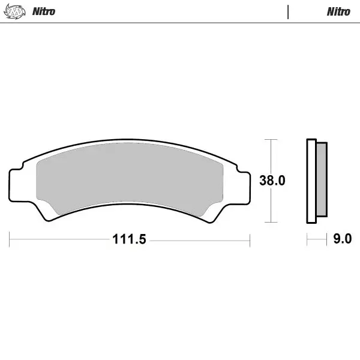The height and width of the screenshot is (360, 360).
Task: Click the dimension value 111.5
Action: (129, 239)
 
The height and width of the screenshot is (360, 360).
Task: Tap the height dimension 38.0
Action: (271, 181)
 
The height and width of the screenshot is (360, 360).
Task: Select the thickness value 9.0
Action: (342, 239)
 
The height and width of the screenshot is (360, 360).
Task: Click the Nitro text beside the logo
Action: (43, 11)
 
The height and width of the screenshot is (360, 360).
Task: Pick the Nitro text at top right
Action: (338, 11)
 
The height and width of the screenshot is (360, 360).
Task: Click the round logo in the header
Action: (16, 11)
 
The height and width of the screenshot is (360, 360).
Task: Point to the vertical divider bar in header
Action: (289, 11)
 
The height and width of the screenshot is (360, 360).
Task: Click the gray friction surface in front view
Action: (129, 177)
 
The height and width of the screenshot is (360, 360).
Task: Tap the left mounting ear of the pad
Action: (17, 184)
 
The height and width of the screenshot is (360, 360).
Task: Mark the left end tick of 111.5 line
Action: (10, 239)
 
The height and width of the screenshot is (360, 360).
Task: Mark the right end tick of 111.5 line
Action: (250, 239)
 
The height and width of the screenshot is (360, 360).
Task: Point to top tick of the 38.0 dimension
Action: (272, 140)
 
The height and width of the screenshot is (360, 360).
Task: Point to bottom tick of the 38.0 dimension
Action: (272, 223)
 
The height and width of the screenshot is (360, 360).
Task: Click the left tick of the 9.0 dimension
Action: (307, 239)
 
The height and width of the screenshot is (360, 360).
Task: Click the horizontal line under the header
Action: (180, 23)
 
